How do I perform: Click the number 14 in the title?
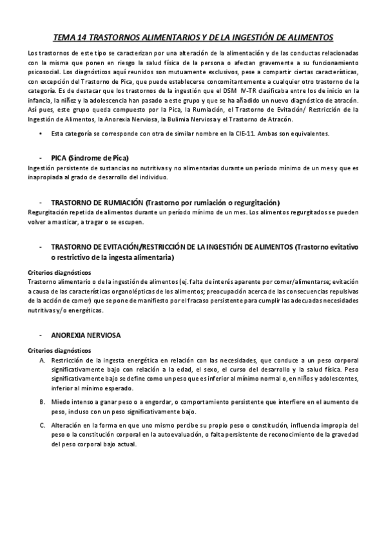pyautogui.click(x=82, y=38)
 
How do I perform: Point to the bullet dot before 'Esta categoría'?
pyautogui.click(x=41, y=134)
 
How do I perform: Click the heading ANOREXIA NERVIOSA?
pyautogui.click(x=85, y=335)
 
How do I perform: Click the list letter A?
pyautogui.click(x=43, y=359)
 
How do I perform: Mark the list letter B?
pyautogui.click(x=43, y=401)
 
